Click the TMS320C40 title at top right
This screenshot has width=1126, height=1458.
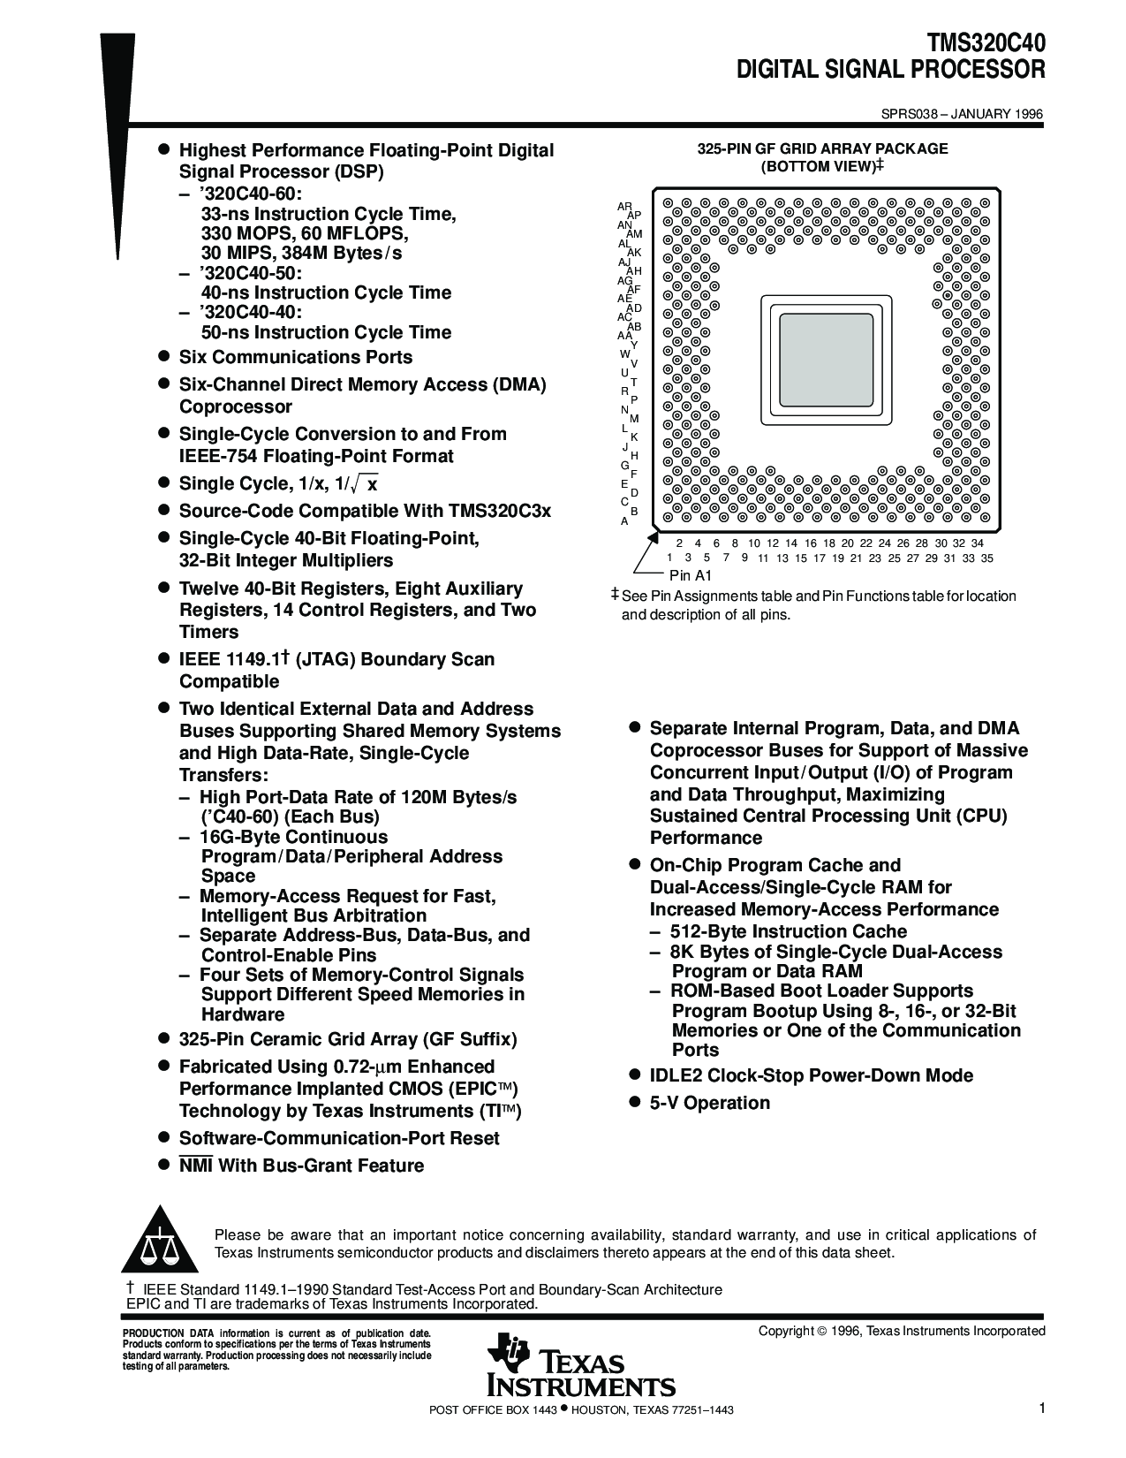click(x=985, y=44)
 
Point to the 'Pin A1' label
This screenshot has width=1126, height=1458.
click(x=691, y=575)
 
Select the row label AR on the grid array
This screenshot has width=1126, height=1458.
click(x=624, y=206)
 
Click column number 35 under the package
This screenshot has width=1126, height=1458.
click(x=986, y=558)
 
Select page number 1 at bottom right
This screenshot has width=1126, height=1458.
click(x=1042, y=1408)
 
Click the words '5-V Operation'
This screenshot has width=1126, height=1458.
click(x=709, y=1103)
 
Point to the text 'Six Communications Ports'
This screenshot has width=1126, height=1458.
click(x=295, y=357)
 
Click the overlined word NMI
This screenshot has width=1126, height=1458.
click(x=195, y=1166)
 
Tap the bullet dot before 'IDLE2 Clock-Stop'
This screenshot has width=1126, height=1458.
click(x=633, y=1075)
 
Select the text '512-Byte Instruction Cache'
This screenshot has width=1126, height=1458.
click(x=788, y=931)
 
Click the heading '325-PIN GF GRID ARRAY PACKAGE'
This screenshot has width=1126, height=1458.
click(x=822, y=148)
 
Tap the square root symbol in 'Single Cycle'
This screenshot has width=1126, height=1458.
click(x=358, y=483)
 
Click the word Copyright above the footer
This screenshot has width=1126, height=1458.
click(x=785, y=1331)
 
